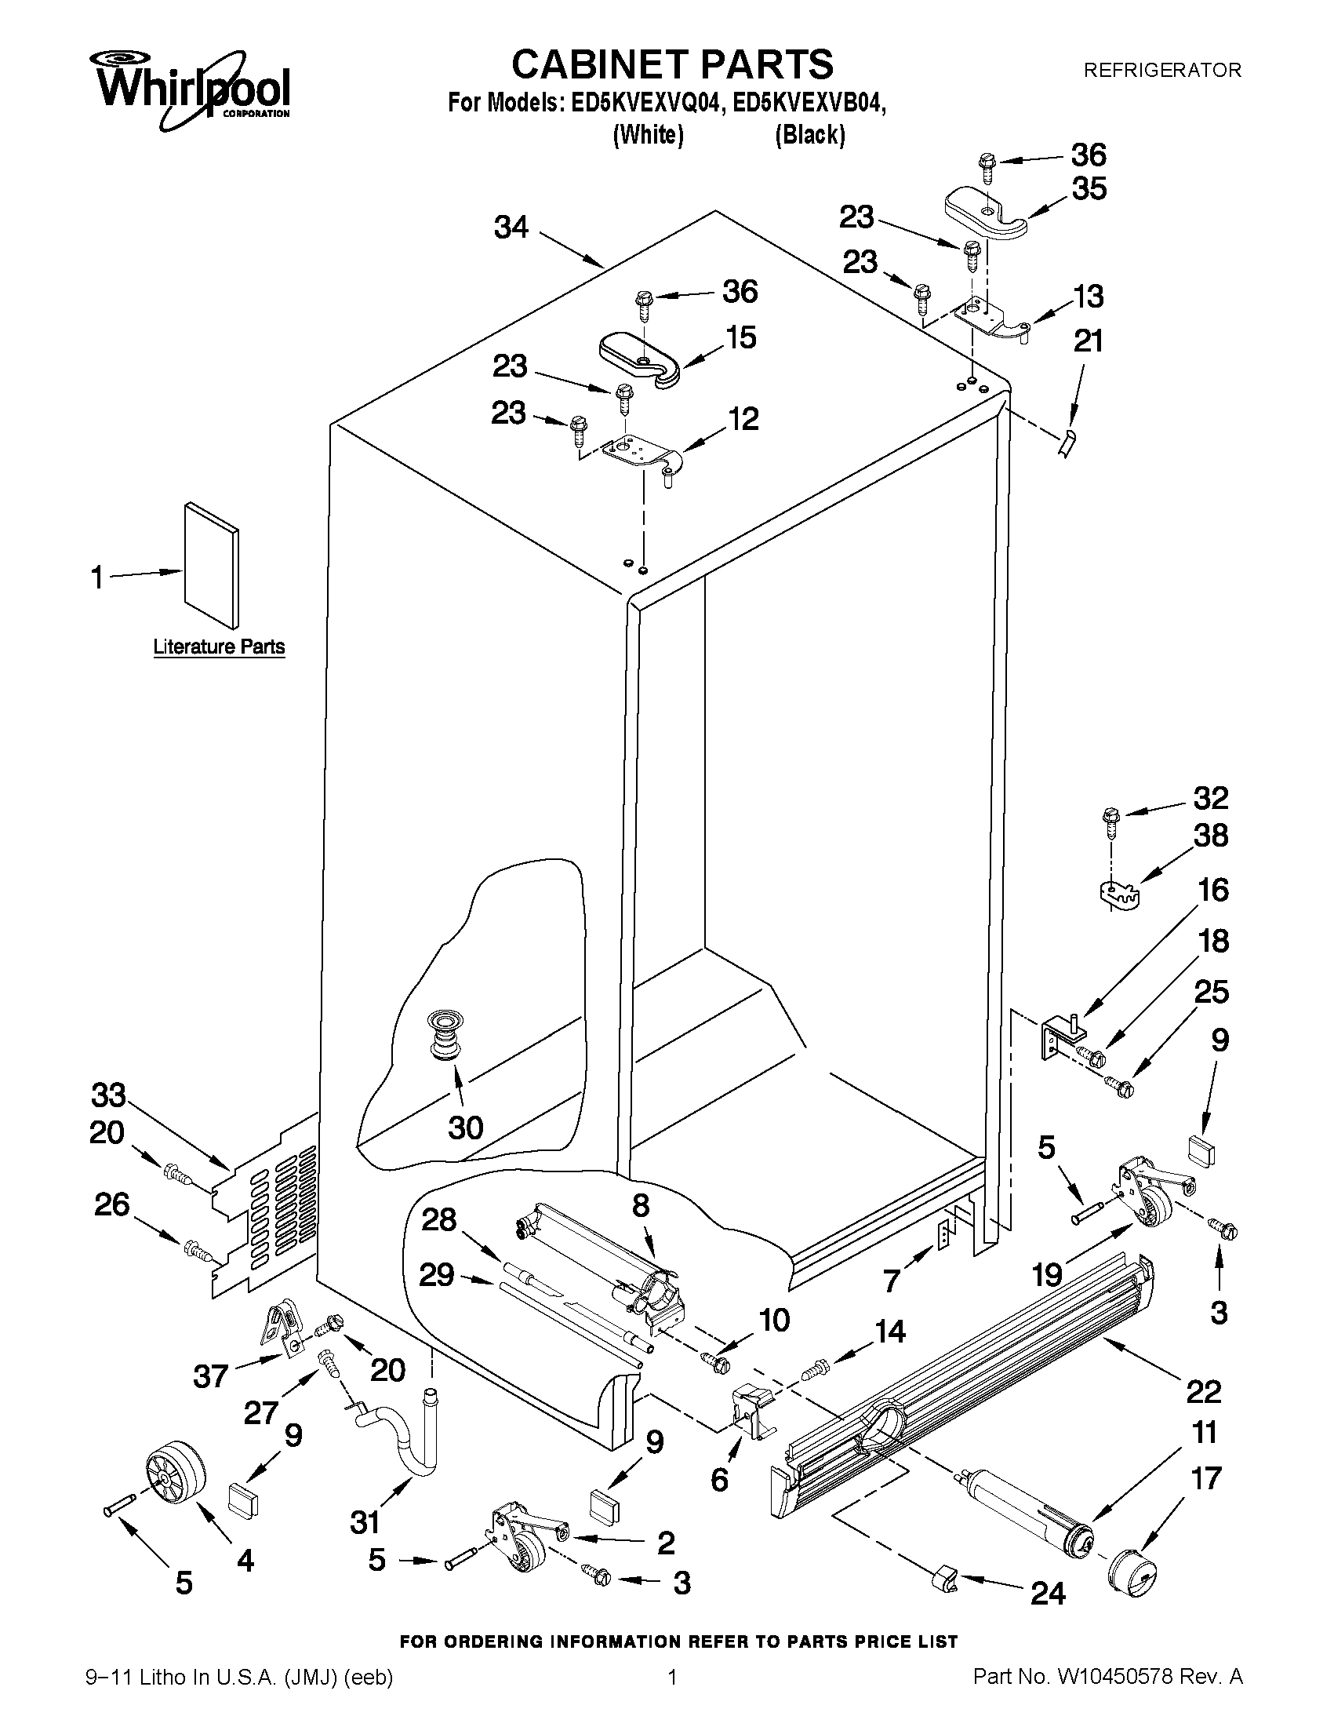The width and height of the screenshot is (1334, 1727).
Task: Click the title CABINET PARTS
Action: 672,64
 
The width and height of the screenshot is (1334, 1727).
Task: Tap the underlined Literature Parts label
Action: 218,647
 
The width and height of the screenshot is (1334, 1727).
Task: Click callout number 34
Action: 511,228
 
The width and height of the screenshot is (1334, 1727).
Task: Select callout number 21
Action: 1089,341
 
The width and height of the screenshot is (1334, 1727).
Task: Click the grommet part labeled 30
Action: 445,1036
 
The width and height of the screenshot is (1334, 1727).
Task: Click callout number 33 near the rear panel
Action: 109,1096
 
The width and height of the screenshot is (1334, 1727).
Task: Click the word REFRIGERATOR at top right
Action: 1161,71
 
